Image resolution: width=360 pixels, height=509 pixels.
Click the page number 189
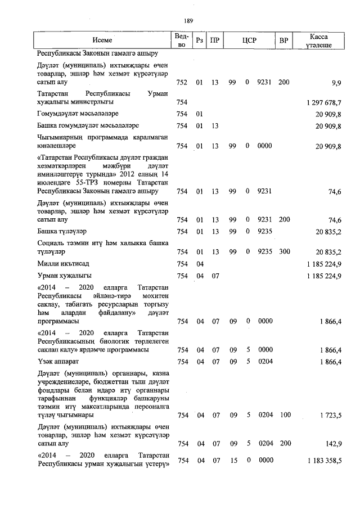tap(188, 21)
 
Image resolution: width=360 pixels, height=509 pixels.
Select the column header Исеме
tap(102, 40)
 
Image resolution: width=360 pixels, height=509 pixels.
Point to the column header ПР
tap(214, 40)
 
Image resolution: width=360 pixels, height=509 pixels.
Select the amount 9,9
tap(336, 82)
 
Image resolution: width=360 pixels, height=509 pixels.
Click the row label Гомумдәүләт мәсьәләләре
tap(80, 114)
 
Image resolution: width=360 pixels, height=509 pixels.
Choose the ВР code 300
tap(284, 251)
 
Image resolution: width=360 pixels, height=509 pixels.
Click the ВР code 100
tap(284, 416)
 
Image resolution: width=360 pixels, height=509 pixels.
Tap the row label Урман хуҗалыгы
tap(65, 276)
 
